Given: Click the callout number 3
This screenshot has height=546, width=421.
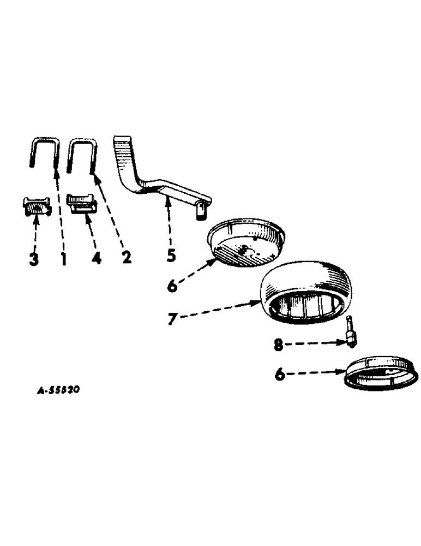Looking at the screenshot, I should point(34,259).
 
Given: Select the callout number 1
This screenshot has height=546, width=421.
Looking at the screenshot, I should point(63,259).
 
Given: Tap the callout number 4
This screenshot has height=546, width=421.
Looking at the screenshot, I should point(97,258).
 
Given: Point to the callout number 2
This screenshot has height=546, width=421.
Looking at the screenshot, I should point(127,257).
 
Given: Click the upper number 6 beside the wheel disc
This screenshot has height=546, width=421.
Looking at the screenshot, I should point(173,285).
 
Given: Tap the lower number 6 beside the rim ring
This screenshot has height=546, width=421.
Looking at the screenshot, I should point(280,375).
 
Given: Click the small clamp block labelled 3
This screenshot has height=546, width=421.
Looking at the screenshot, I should point(38,206).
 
